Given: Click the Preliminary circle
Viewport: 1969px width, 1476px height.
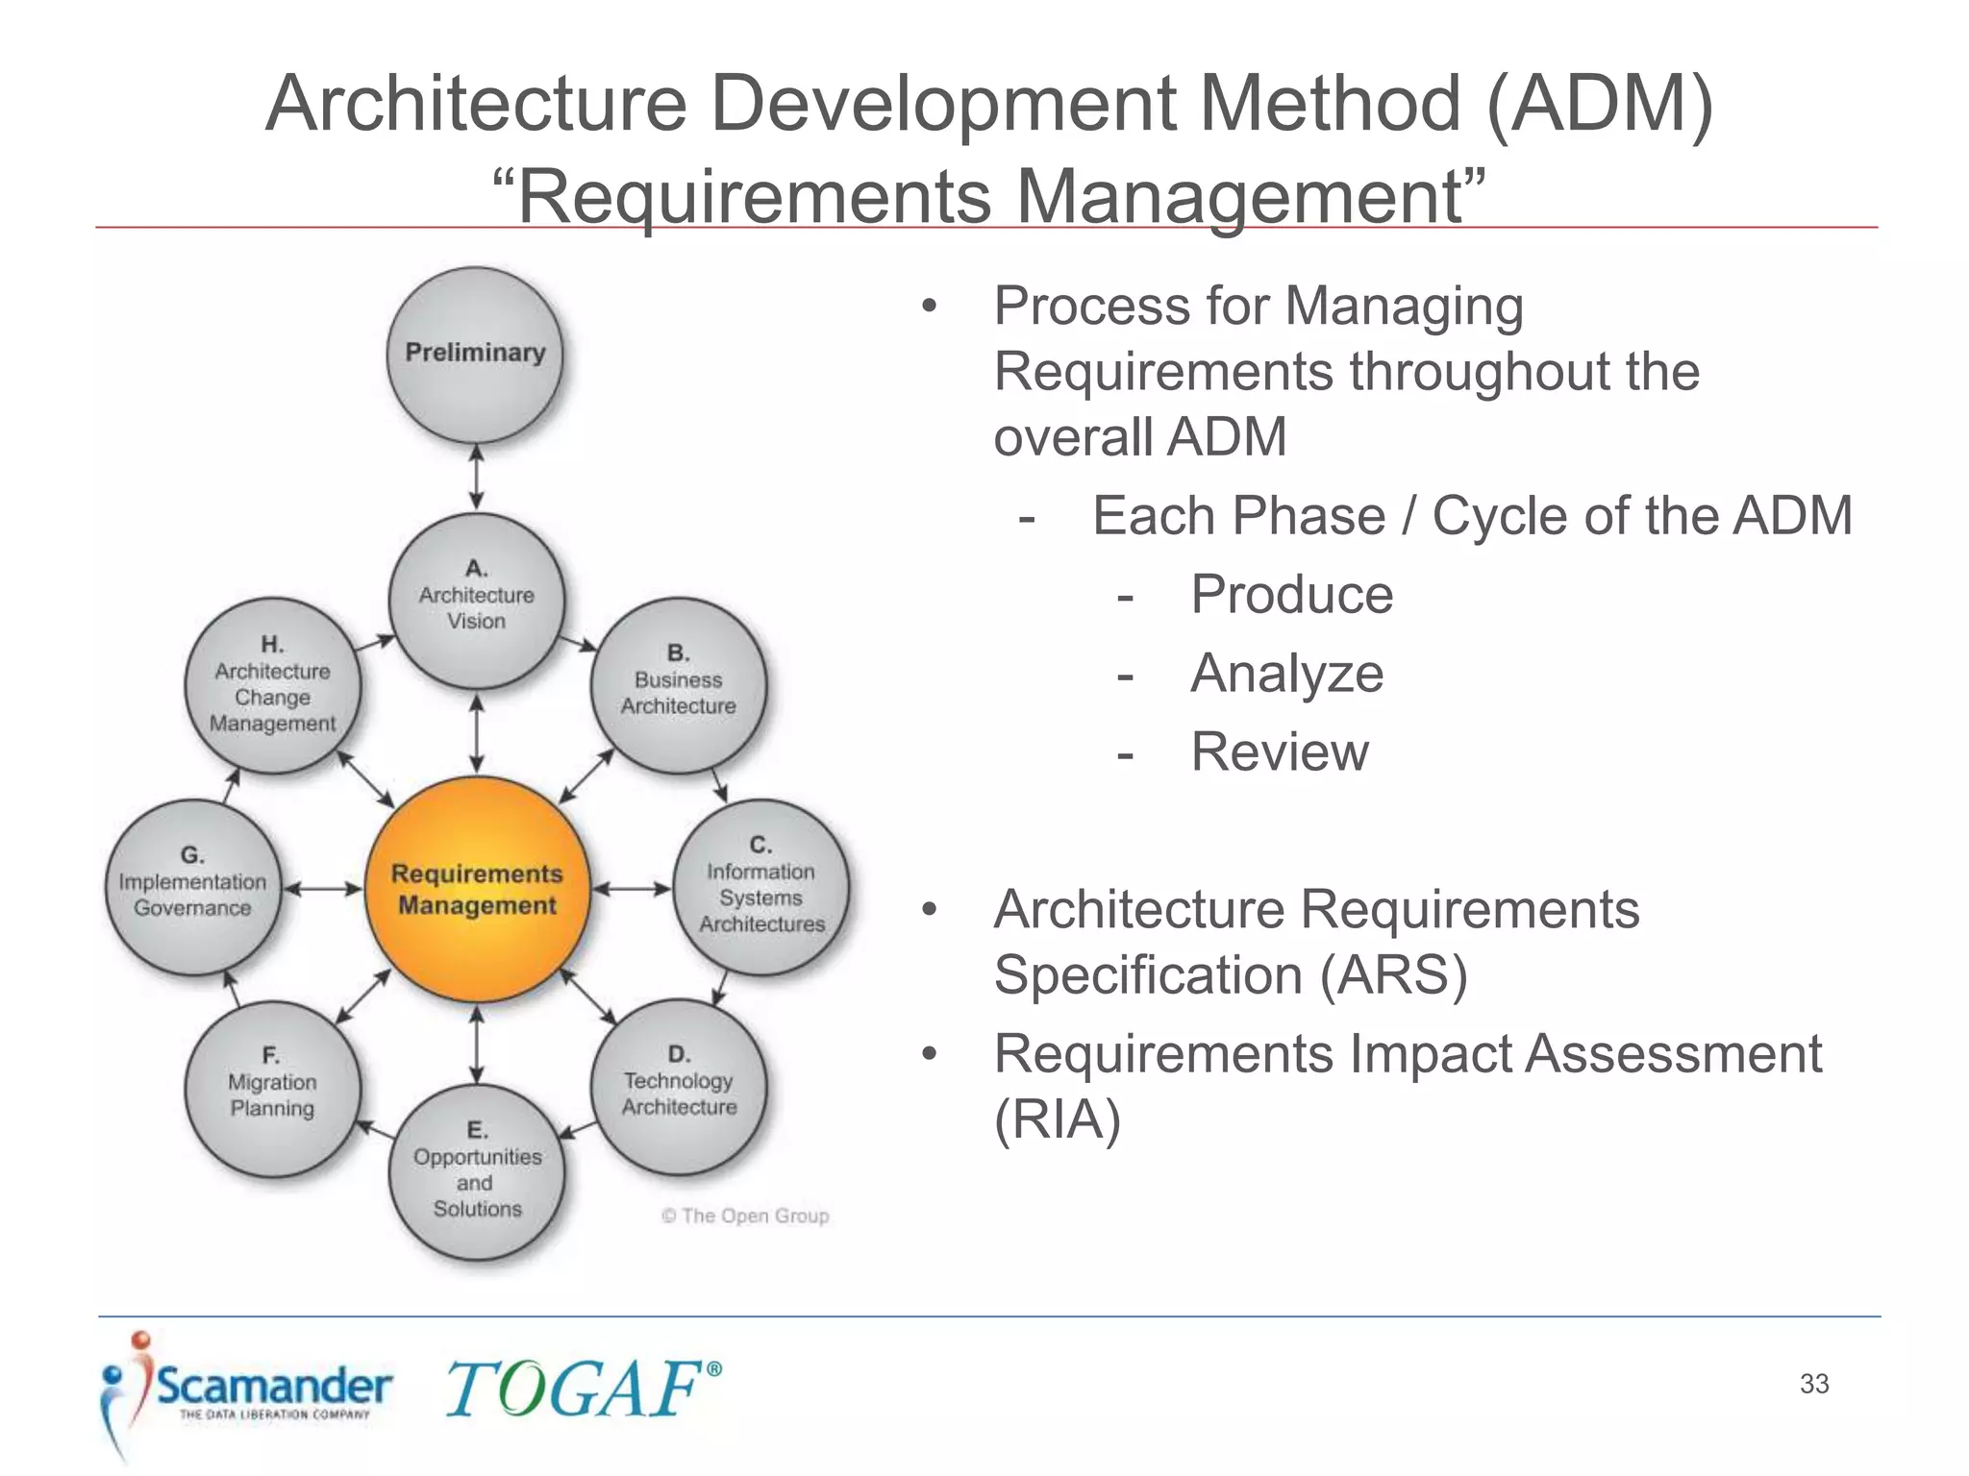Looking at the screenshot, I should pyautogui.click(x=475, y=355).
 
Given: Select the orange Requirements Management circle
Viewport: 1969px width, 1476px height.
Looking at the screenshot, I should pyautogui.click(x=477, y=890).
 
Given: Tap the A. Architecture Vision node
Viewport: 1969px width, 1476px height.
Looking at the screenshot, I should pyautogui.click(x=477, y=601).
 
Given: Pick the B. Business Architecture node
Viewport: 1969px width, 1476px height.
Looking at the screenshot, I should pyautogui.click(x=679, y=685).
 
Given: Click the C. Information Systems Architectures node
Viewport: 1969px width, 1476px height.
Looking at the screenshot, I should pyautogui.click(x=761, y=887).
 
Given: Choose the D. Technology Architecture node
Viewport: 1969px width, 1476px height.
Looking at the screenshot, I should pyautogui.click(x=679, y=1087).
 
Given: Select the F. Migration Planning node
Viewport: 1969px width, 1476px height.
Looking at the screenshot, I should pyautogui.click(x=273, y=1089).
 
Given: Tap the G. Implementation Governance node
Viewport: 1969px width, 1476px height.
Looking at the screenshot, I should pyautogui.click(x=193, y=887).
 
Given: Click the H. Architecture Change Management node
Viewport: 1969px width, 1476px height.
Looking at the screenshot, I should pyautogui.click(x=273, y=685).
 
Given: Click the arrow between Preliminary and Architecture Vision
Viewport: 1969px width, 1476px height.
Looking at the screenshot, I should pyautogui.click(x=476, y=477).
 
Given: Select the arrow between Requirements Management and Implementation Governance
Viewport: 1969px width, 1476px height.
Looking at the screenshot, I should pyautogui.click(x=323, y=890).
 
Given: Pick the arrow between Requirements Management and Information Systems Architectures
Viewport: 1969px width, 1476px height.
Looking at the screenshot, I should pyautogui.click(x=631, y=890).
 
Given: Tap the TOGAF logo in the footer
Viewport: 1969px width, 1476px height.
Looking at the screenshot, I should pyautogui.click(x=583, y=1390).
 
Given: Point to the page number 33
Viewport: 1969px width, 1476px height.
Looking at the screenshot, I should pyautogui.click(x=1814, y=1384).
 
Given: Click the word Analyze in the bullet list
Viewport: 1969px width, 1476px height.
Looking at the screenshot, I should pyautogui.click(x=1286, y=674).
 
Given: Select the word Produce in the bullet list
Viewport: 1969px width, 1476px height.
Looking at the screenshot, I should pyautogui.click(x=1291, y=595).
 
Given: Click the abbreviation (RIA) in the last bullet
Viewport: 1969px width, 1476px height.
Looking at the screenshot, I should pyautogui.click(x=1058, y=1119).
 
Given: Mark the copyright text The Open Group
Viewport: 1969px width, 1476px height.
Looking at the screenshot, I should pyautogui.click(x=745, y=1216).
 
